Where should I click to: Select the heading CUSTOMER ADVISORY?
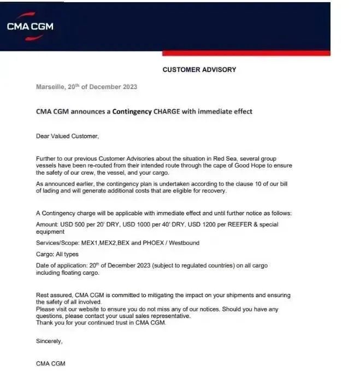click(199, 70)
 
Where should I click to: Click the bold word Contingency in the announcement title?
click(133, 111)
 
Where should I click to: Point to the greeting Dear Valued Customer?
click(68, 136)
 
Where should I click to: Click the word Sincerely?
click(49, 341)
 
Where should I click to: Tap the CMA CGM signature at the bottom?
click(50, 363)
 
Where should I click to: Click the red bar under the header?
click(246, 53)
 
